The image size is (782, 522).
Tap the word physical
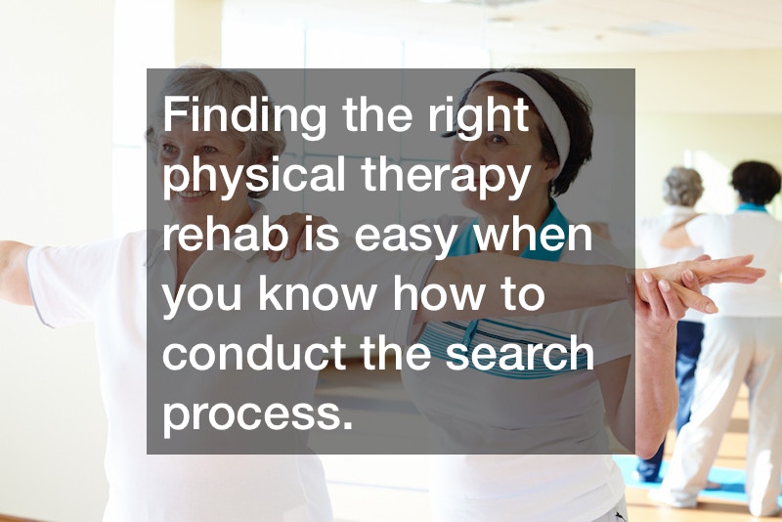(x=254, y=178)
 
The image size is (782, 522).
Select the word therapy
(x=445, y=178)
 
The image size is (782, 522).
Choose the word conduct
(x=254, y=352)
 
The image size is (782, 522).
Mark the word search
(x=520, y=352)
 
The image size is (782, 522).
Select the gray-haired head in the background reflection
(x=682, y=187)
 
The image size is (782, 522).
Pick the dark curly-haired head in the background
(x=755, y=183)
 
